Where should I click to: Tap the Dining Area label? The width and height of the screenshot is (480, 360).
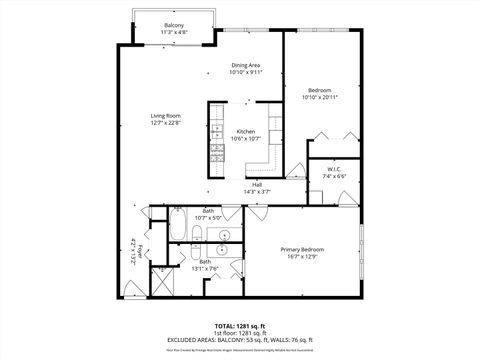pos(245,65)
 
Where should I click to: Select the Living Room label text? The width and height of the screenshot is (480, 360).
pos(165,116)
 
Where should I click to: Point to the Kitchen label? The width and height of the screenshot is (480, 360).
pos(245,132)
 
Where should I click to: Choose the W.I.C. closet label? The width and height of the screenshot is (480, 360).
pos(334,169)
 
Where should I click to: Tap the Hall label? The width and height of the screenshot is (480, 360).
pos(257,184)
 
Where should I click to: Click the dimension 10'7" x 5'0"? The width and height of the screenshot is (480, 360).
pos(208,217)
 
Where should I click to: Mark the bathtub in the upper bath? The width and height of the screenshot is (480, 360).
pos(177,225)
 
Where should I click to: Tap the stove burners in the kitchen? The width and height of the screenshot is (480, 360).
pos(215,150)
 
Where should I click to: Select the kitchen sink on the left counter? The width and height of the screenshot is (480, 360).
pos(215,127)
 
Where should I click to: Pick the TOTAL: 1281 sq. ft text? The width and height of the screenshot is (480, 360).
pos(239,326)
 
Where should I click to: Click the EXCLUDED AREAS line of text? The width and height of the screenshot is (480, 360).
pos(239,339)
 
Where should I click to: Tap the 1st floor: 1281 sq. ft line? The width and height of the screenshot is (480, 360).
pos(239,333)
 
